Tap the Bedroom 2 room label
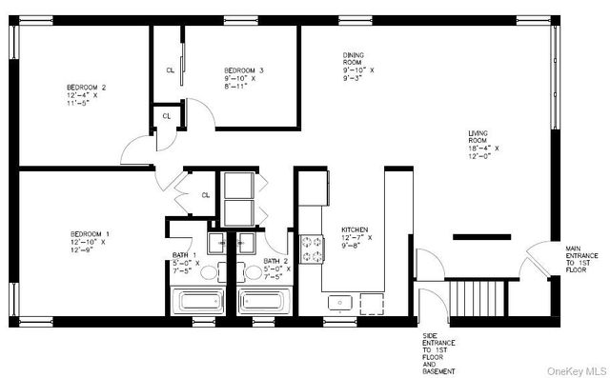click(x=86, y=95)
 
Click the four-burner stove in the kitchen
click(x=312, y=249)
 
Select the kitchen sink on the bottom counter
click(x=340, y=303)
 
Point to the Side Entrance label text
click(x=438, y=352)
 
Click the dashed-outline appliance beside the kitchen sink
click(x=373, y=303)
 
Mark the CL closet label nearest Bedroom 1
click(x=205, y=195)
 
